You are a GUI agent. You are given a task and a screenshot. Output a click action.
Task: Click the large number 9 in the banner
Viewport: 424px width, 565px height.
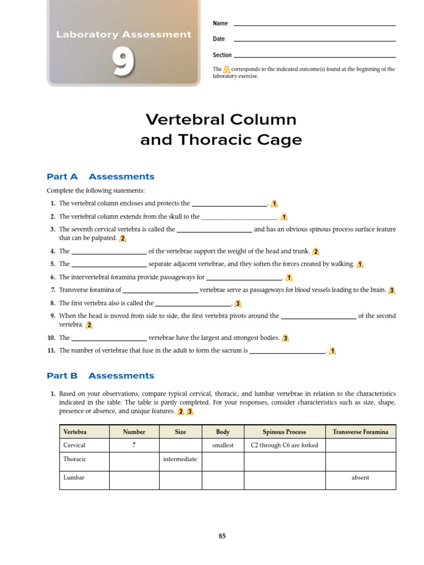click(x=123, y=62)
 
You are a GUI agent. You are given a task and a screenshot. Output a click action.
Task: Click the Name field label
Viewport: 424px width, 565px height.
click(x=220, y=23)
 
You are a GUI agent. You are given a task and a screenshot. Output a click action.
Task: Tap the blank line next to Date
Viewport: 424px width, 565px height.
click(x=315, y=40)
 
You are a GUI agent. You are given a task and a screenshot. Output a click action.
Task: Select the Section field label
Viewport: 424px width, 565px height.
click(x=222, y=55)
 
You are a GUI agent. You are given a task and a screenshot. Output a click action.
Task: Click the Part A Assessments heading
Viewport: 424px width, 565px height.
click(x=100, y=177)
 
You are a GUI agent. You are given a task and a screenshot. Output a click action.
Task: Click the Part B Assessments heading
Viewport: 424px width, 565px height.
click(x=100, y=376)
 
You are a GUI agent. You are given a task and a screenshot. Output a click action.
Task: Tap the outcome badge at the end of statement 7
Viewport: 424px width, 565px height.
click(x=391, y=290)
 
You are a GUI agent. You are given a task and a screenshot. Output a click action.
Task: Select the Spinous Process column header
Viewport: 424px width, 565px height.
click(x=284, y=432)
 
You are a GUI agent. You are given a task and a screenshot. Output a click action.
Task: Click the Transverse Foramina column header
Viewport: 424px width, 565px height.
click(x=361, y=432)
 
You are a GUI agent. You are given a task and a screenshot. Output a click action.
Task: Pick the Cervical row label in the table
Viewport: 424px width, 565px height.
click(x=75, y=445)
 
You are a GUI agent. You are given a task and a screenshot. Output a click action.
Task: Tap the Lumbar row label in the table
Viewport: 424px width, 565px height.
click(x=74, y=478)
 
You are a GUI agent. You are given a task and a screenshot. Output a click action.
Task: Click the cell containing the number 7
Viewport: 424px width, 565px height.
click(x=134, y=445)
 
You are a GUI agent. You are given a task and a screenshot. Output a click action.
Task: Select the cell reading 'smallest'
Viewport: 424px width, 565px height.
click(x=223, y=445)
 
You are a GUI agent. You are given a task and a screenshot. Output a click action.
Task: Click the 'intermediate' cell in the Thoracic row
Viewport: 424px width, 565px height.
click(x=180, y=459)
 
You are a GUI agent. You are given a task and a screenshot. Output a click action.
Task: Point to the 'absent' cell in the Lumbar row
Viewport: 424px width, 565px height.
click(x=361, y=478)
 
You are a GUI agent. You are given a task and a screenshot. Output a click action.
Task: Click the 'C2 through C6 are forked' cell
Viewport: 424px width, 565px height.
click(x=284, y=445)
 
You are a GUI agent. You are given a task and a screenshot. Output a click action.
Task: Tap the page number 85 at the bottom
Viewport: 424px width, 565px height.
click(x=222, y=536)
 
